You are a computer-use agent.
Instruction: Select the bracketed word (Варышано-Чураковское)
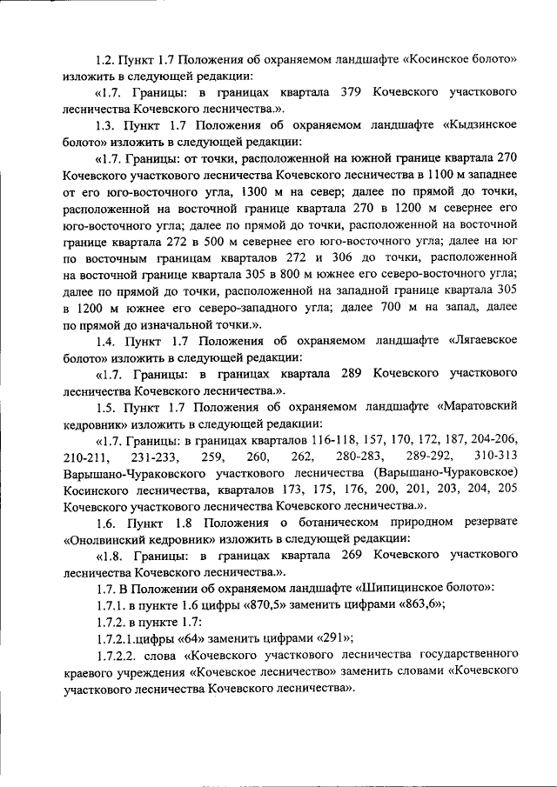click(443, 473)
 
